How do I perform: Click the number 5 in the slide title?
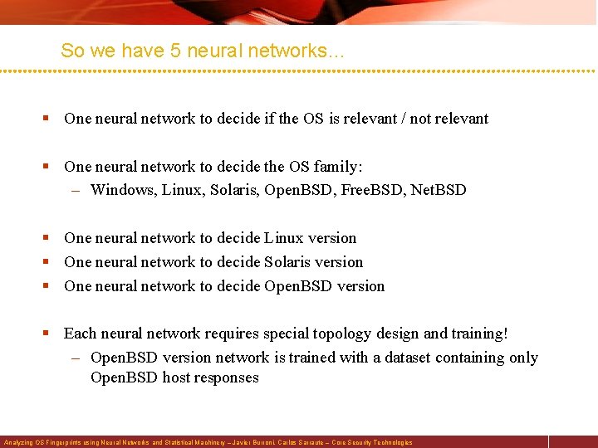pyautogui.click(x=175, y=51)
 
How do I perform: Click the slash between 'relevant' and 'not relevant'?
pyautogui.click(x=401, y=119)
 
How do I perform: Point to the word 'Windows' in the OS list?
pyautogui.click(x=122, y=190)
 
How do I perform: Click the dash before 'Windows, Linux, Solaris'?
pyautogui.click(x=75, y=190)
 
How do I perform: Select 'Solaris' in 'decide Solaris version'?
pyautogui.click(x=290, y=262)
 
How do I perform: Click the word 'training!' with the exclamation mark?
pyautogui.click(x=480, y=334)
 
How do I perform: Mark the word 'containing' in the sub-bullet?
pyautogui.click(x=470, y=358)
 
